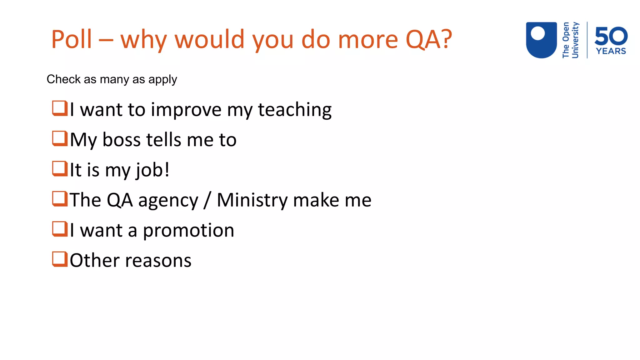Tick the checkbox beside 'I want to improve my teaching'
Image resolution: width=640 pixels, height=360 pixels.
point(60,108)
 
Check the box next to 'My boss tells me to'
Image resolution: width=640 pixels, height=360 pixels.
point(60,138)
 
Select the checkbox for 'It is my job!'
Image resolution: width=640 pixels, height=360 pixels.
point(60,169)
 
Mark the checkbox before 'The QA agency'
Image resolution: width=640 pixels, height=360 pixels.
point(60,199)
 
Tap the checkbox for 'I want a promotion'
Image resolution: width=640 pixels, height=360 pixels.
point(60,229)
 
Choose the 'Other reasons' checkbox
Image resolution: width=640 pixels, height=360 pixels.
point(60,259)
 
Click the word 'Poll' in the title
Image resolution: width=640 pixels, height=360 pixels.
point(72,39)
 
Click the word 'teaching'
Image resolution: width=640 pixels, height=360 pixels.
point(294,110)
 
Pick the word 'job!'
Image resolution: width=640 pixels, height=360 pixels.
point(152,170)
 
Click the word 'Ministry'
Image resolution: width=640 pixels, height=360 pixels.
point(252,200)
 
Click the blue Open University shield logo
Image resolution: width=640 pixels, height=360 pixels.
point(541,40)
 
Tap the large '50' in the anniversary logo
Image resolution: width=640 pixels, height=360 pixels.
point(611,36)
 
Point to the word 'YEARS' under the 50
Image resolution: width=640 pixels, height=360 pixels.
point(611,51)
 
